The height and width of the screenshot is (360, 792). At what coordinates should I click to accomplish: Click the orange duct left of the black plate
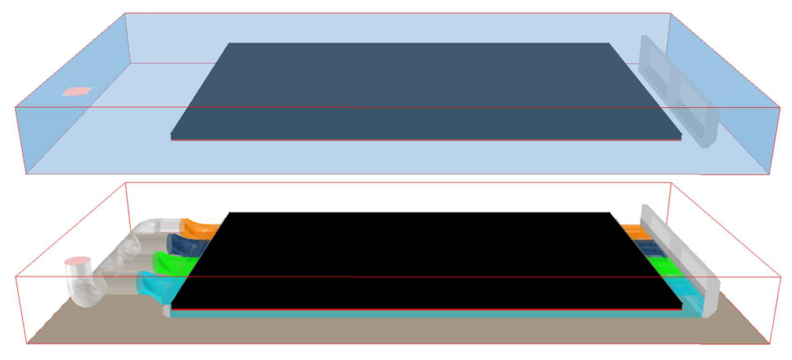197,228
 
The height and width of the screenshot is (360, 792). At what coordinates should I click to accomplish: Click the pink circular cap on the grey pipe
77,261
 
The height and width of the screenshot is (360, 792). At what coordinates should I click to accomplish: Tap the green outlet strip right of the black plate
666,267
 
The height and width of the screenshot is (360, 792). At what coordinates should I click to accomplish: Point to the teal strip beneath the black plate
426,314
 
